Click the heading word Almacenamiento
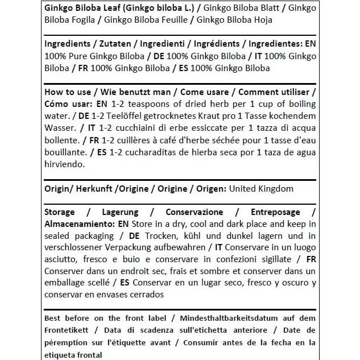coord(78,224)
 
